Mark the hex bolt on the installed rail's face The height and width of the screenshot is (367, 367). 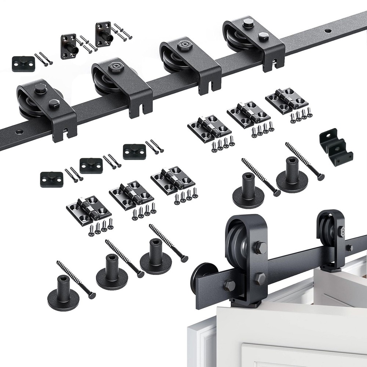pyautogui.click(x=230, y=285)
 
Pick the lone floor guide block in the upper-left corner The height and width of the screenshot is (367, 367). pyautogui.click(x=23, y=63)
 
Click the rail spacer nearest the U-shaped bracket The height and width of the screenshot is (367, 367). pyautogui.click(x=292, y=174)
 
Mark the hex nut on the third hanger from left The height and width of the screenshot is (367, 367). pyautogui.click(x=182, y=45)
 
